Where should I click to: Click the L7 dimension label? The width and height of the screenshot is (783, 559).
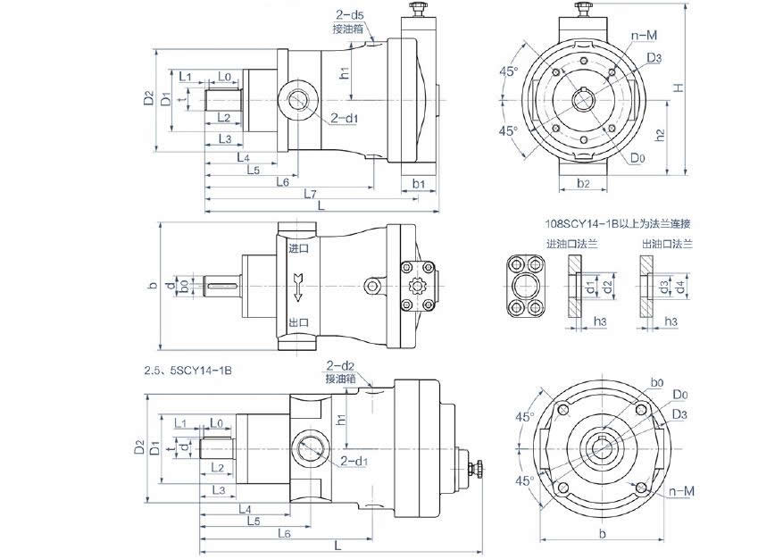pos(308,193)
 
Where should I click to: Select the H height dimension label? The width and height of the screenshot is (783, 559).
pos(679,88)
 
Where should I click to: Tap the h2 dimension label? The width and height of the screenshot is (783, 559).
pos(659,136)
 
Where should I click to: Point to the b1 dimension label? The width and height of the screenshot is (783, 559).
pos(419,184)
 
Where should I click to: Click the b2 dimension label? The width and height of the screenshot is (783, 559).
pos(582,184)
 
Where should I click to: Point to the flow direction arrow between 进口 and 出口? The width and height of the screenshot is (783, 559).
pos(299,286)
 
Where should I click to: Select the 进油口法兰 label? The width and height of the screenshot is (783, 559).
pos(571,243)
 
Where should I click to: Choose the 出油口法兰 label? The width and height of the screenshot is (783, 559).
pos(665,243)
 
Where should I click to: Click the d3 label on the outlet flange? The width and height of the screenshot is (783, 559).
pos(664,287)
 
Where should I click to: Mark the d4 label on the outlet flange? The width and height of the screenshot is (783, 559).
pos(680,287)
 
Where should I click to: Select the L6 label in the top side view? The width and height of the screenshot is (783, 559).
pos(281,181)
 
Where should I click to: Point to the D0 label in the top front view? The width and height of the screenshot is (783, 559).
pos(637,159)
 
